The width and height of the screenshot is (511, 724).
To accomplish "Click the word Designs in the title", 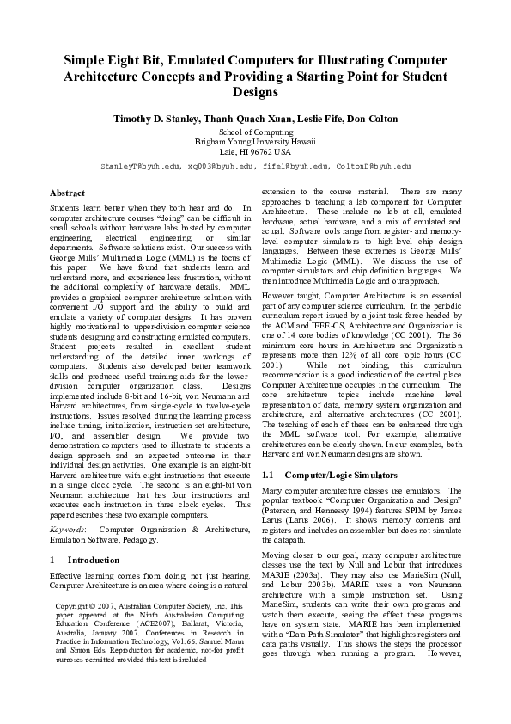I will point(255,91).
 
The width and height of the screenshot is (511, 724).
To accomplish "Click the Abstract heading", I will point(68,193).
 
